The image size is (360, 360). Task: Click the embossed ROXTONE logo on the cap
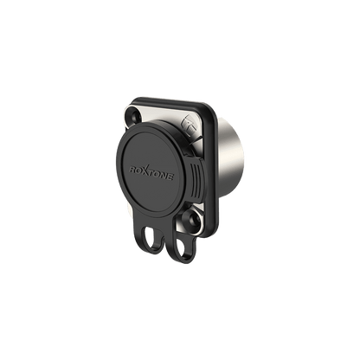[151, 172]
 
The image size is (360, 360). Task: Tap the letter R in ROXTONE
[132, 169]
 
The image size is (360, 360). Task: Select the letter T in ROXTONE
[151, 173]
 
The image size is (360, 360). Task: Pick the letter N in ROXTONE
[164, 176]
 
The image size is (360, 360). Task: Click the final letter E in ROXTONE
[170, 177]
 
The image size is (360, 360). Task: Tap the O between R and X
[138, 170]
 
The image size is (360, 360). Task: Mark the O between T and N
[157, 174]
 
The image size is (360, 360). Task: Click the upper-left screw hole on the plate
[133, 116]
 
